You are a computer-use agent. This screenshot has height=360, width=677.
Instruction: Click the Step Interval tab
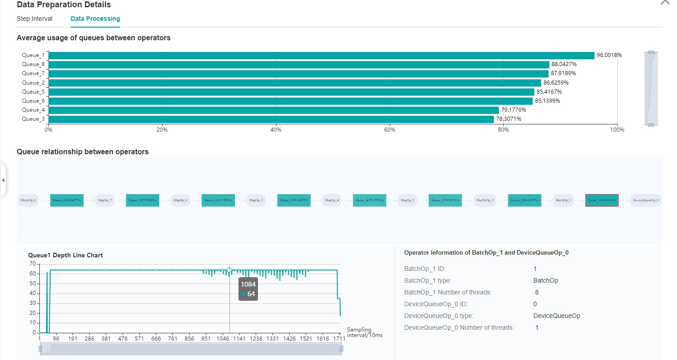click(x=34, y=19)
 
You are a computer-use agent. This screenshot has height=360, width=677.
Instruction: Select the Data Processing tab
click(x=95, y=19)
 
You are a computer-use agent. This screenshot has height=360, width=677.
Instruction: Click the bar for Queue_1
click(x=321, y=55)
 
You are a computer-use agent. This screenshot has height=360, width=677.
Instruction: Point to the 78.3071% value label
click(x=509, y=119)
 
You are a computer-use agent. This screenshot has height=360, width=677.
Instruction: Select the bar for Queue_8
click(x=299, y=64)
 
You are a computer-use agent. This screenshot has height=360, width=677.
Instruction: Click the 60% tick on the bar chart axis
click(x=390, y=130)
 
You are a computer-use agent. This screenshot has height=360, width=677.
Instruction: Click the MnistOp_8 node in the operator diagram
click(x=29, y=200)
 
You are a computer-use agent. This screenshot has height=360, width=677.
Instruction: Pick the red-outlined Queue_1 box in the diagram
click(x=601, y=200)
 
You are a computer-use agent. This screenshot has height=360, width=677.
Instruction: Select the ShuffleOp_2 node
click(x=485, y=200)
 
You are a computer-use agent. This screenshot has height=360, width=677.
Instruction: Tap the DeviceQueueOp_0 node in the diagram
click(x=646, y=200)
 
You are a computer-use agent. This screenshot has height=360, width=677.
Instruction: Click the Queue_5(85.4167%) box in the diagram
click(x=294, y=200)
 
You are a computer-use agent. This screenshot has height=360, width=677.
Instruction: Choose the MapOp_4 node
click(x=332, y=200)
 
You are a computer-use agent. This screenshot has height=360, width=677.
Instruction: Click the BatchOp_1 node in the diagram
click(x=563, y=200)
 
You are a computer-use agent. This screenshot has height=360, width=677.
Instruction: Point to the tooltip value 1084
click(x=248, y=284)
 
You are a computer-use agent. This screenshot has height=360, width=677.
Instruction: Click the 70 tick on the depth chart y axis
click(x=32, y=264)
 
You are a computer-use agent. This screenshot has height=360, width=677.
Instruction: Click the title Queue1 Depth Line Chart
click(x=65, y=255)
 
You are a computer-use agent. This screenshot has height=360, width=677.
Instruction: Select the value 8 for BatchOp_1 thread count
click(x=537, y=292)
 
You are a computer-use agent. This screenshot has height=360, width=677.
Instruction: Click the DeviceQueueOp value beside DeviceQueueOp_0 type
click(x=557, y=316)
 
